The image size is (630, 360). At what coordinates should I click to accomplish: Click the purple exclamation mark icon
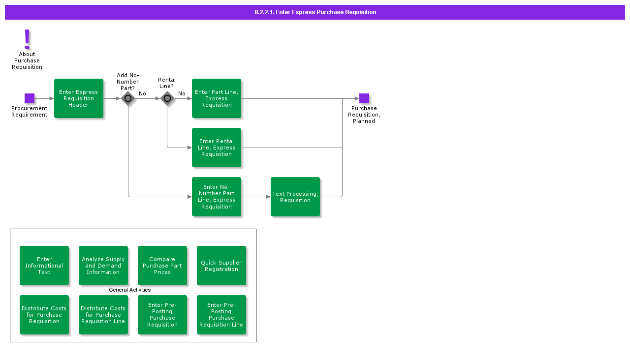[27, 39]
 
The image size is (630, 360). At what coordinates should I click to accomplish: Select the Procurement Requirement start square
[30, 98]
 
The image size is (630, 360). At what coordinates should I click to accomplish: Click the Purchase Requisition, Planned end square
[364, 98]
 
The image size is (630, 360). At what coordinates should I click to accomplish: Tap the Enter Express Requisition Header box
[79, 98]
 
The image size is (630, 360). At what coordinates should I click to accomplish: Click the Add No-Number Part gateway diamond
[128, 98]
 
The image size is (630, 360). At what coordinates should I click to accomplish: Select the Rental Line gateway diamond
[167, 98]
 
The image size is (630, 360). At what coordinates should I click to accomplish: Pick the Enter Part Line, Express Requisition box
[217, 98]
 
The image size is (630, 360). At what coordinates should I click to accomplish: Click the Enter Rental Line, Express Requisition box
[217, 148]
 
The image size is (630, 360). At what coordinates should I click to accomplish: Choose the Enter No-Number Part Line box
[217, 197]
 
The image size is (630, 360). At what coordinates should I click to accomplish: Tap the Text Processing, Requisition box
[295, 197]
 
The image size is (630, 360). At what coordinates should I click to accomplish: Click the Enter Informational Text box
[44, 266]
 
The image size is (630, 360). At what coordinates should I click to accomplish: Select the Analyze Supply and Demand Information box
[103, 266]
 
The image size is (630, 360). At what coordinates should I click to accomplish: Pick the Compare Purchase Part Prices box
[162, 266]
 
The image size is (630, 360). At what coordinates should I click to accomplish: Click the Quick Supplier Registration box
[221, 266]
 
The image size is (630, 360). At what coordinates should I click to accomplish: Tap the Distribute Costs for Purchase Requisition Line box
[103, 315]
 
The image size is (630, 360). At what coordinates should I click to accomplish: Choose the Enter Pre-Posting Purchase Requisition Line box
[221, 315]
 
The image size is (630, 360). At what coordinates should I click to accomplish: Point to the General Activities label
[130, 290]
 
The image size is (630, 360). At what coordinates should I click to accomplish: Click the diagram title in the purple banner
[315, 12]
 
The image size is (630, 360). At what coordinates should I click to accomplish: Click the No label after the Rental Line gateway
[182, 94]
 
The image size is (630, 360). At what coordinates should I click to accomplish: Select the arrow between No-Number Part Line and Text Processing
[256, 197]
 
